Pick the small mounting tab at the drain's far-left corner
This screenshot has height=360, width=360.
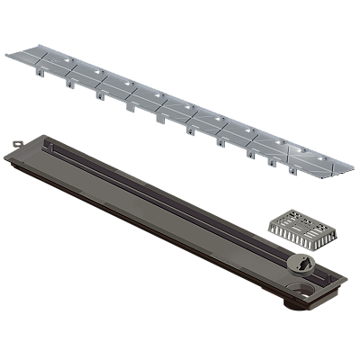click(x=15, y=142)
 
